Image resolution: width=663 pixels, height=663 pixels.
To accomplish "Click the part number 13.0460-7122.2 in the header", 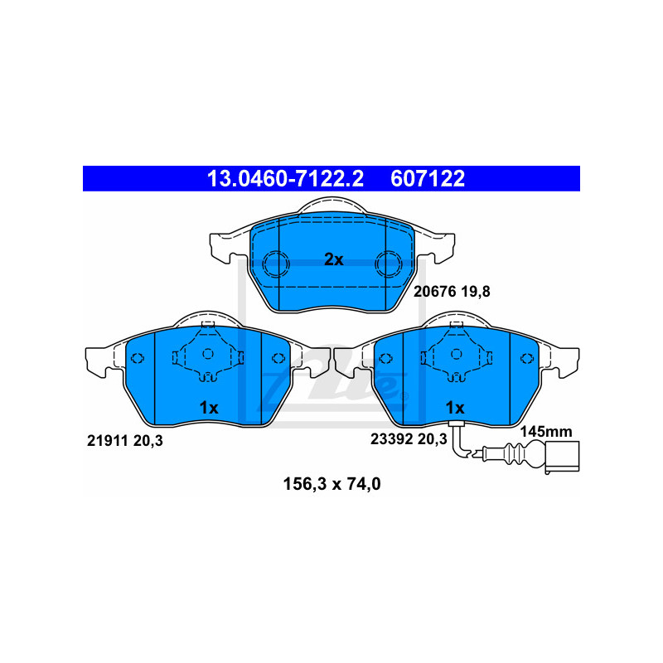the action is point(285,178).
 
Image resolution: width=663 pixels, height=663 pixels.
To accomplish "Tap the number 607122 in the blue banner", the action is point(428,178).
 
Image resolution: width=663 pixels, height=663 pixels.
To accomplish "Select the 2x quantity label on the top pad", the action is point(334,259).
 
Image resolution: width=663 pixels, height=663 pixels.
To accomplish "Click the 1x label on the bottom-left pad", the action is point(209,408).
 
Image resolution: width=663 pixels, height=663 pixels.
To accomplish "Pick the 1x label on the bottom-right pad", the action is point(455,408).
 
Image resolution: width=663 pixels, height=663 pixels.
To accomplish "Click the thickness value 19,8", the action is point(475,292).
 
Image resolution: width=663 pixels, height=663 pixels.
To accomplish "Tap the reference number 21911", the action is point(108,441).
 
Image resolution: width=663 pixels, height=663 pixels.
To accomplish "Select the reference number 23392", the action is point(391,439).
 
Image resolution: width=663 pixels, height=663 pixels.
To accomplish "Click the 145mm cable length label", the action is point(546,431).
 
